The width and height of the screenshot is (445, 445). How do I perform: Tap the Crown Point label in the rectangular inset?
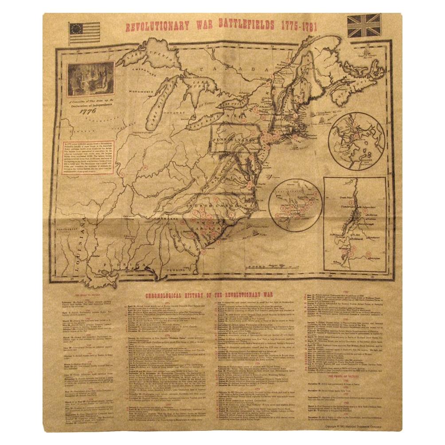point(342,193)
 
